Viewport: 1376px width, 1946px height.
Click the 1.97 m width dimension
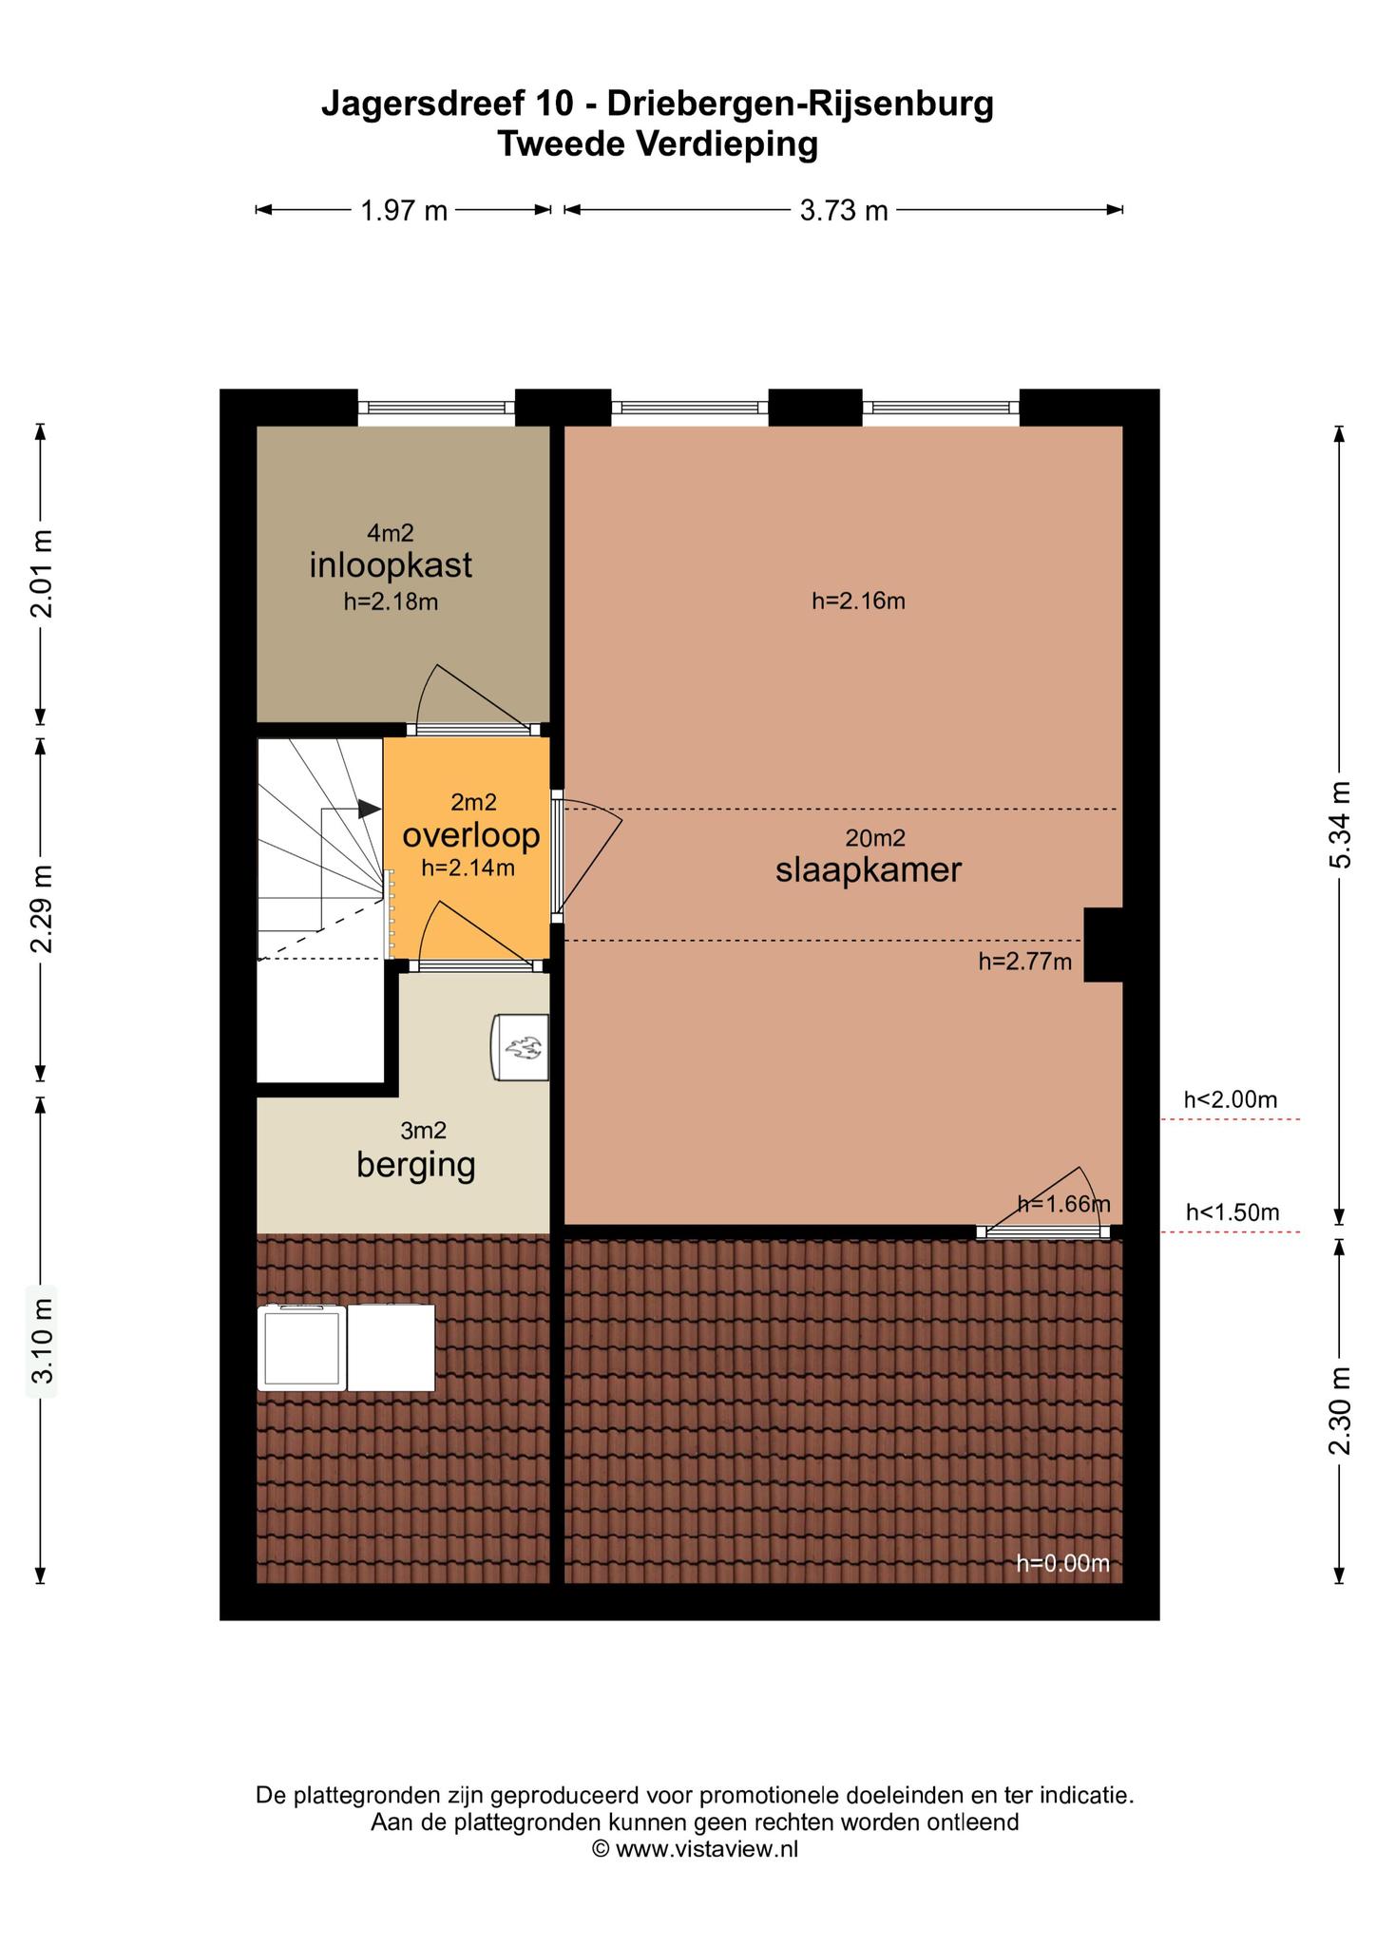coord(404,210)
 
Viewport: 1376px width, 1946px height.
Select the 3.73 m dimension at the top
coord(844,210)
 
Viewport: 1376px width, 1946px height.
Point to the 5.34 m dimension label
coord(1340,825)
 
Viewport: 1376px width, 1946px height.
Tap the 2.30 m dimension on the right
coord(1340,1411)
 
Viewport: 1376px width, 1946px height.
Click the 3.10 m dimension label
coord(40,1341)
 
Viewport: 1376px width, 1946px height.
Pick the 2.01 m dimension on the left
coord(40,573)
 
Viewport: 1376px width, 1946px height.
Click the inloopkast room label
coord(391,566)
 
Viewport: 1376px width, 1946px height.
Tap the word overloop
coord(471,836)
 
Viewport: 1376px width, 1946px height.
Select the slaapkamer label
coord(869,870)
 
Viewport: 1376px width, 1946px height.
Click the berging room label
coord(416,1165)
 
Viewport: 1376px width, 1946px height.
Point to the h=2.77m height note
coord(1025,962)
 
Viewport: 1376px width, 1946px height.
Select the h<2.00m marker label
coord(1231,1100)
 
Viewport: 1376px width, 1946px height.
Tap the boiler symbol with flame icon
coord(521,1047)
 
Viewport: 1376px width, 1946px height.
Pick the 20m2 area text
coord(875,838)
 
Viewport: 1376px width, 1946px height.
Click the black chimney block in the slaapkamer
coord(1103,944)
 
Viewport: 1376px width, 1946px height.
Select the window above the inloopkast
coord(436,408)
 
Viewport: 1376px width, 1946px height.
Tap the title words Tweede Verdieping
coord(658,144)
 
